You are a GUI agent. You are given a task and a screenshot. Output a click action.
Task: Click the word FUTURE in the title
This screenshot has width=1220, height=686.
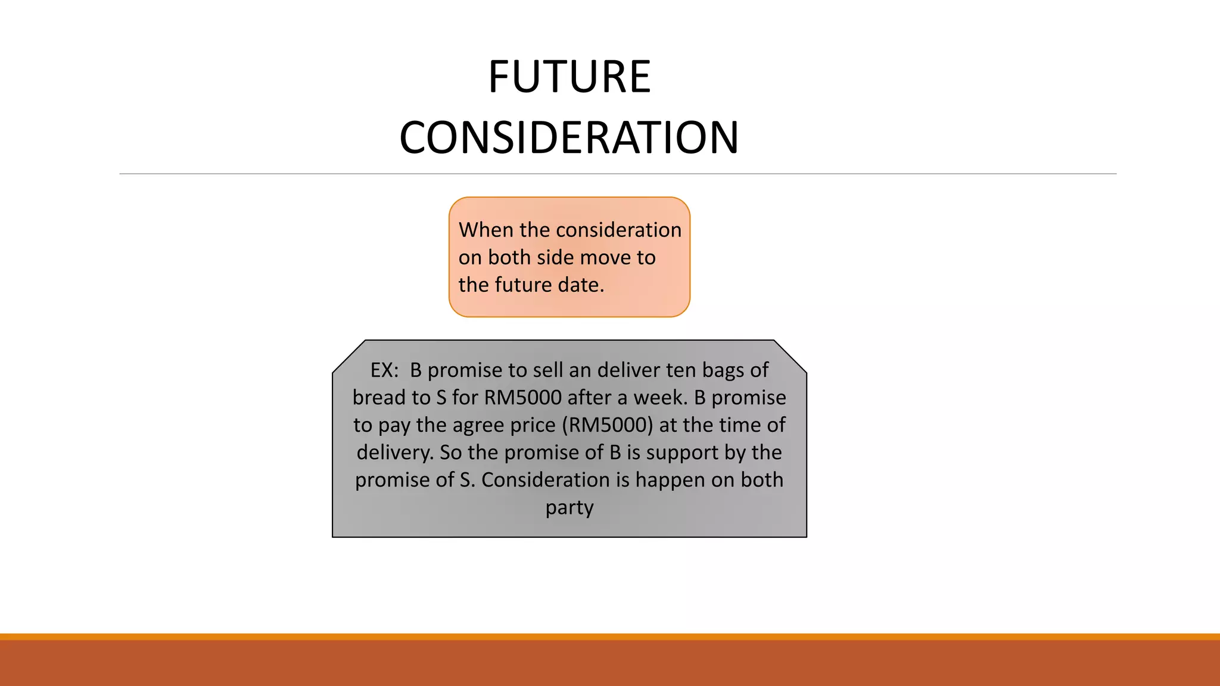click(569, 77)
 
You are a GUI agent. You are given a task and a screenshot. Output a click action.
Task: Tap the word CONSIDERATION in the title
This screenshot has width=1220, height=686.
click(569, 138)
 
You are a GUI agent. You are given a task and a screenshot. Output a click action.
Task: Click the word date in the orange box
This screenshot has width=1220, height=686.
click(580, 285)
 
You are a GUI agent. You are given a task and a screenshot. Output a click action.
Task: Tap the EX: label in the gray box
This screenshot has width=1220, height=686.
click(384, 370)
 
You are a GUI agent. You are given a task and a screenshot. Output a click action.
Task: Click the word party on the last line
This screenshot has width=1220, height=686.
click(569, 507)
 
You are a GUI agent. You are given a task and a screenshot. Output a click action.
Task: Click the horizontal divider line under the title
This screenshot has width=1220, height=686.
click(618, 174)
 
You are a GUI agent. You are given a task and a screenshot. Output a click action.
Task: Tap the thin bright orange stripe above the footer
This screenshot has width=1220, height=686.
click(610, 637)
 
